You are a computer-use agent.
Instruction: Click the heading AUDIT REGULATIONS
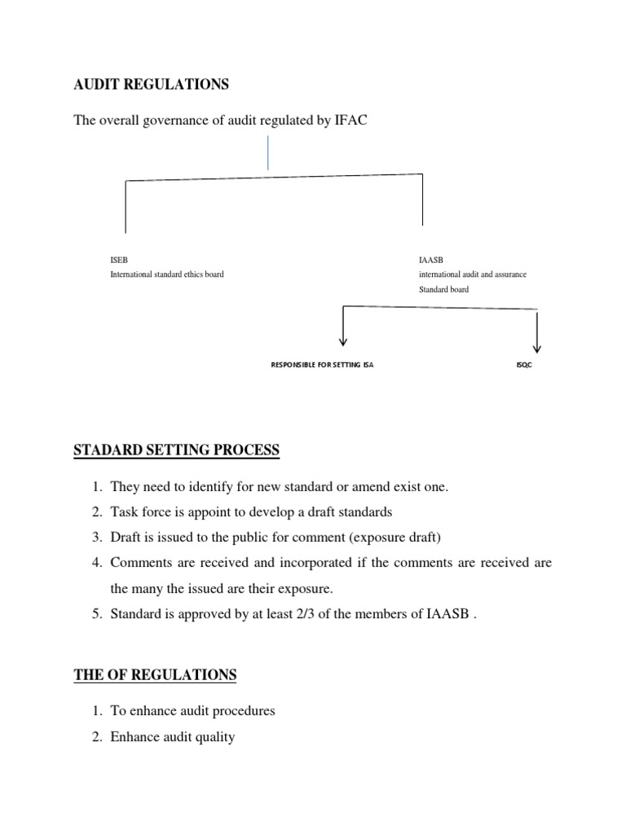pyautogui.click(x=152, y=84)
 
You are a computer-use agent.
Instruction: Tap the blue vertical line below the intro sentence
pyautogui.click(x=267, y=153)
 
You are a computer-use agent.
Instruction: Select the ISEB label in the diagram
pyautogui.click(x=119, y=260)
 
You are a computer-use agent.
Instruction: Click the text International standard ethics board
pyautogui.click(x=167, y=274)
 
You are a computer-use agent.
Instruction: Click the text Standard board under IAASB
pyautogui.click(x=443, y=289)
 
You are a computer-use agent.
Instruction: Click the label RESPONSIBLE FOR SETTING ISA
pyautogui.click(x=323, y=366)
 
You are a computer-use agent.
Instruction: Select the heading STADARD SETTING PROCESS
pyautogui.click(x=177, y=450)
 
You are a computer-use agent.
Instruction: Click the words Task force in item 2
pyautogui.click(x=139, y=511)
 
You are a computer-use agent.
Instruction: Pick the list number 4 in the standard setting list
pyautogui.click(x=95, y=562)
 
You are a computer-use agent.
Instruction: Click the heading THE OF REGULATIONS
pyautogui.click(x=155, y=674)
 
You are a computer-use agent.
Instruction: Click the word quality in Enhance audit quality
pyautogui.click(x=214, y=737)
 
